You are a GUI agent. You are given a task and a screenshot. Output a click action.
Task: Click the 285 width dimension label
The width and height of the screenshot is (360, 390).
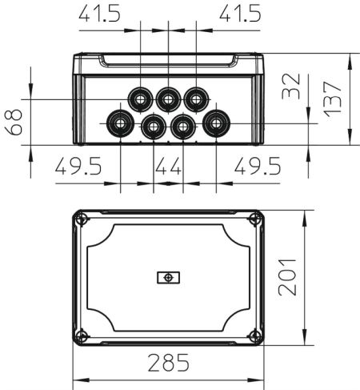click(x=169, y=363)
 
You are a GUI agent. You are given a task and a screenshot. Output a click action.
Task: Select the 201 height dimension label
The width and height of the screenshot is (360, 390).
click(x=287, y=277)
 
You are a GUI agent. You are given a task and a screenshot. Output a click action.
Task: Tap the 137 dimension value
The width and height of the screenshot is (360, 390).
click(x=332, y=99)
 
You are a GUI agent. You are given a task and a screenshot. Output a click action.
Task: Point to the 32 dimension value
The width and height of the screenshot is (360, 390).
click(x=291, y=86)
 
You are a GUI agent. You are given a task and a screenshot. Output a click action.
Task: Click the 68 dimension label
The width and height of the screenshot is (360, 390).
click(x=14, y=123)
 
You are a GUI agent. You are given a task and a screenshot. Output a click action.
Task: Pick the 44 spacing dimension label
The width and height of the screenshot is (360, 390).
click(x=169, y=166)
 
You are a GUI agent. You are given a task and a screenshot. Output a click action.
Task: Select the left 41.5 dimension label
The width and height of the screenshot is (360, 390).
click(x=100, y=13)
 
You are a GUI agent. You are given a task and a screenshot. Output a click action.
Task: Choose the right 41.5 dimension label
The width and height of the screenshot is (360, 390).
click(x=240, y=13)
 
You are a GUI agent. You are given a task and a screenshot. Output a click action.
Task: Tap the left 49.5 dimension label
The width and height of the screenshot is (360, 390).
click(x=78, y=166)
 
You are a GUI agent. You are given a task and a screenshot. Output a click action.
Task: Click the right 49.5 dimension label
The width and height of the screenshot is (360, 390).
click(x=258, y=166)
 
